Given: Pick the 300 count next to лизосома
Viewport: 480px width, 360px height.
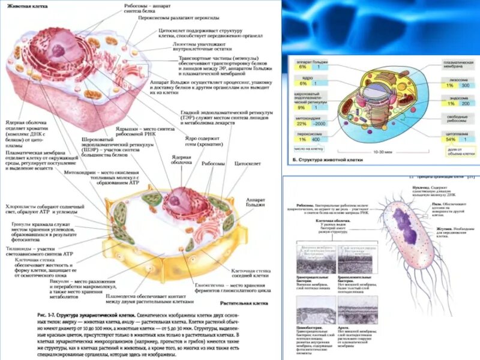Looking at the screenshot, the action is pos(448,86).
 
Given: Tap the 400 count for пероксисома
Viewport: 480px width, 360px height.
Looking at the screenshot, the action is pos(316,139).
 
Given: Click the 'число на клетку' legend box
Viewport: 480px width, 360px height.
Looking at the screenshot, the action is pos(308,147).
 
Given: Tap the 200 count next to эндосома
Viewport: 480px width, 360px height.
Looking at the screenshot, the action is pos(448,103).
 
